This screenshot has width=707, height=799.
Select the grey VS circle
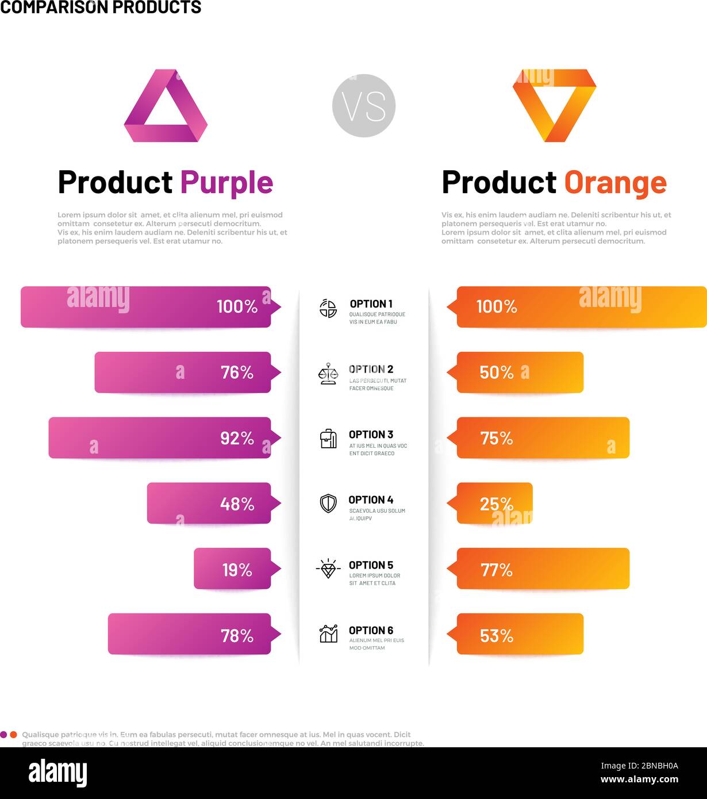pyautogui.click(x=364, y=106)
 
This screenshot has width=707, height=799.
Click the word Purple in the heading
pyautogui.click(x=226, y=183)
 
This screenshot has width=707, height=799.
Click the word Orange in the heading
pyautogui.click(x=615, y=183)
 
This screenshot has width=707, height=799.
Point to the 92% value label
pyautogui.click(x=237, y=439)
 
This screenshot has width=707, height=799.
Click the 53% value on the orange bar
pyautogui.click(x=497, y=636)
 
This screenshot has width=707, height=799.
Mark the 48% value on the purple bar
pyautogui.click(x=237, y=504)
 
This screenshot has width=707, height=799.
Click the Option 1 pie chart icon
pyautogui.click(x=328, y=308)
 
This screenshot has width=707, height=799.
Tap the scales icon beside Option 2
pyautogui.click(x=328, y=374)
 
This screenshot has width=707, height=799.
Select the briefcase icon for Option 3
pyautogui.click(x=328, y=439)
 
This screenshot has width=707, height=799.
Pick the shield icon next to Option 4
pyautogui.click(x=328, y=504)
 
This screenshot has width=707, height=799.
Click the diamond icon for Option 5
pyautogui.click(x=328, y=569)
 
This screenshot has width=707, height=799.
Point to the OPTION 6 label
pyautogui.click(x=371, y=631)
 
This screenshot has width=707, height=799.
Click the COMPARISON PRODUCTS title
pyautogui.click(x=101, y=7)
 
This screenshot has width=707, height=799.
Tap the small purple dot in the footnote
pyautogui.click(x=3, y=735)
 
